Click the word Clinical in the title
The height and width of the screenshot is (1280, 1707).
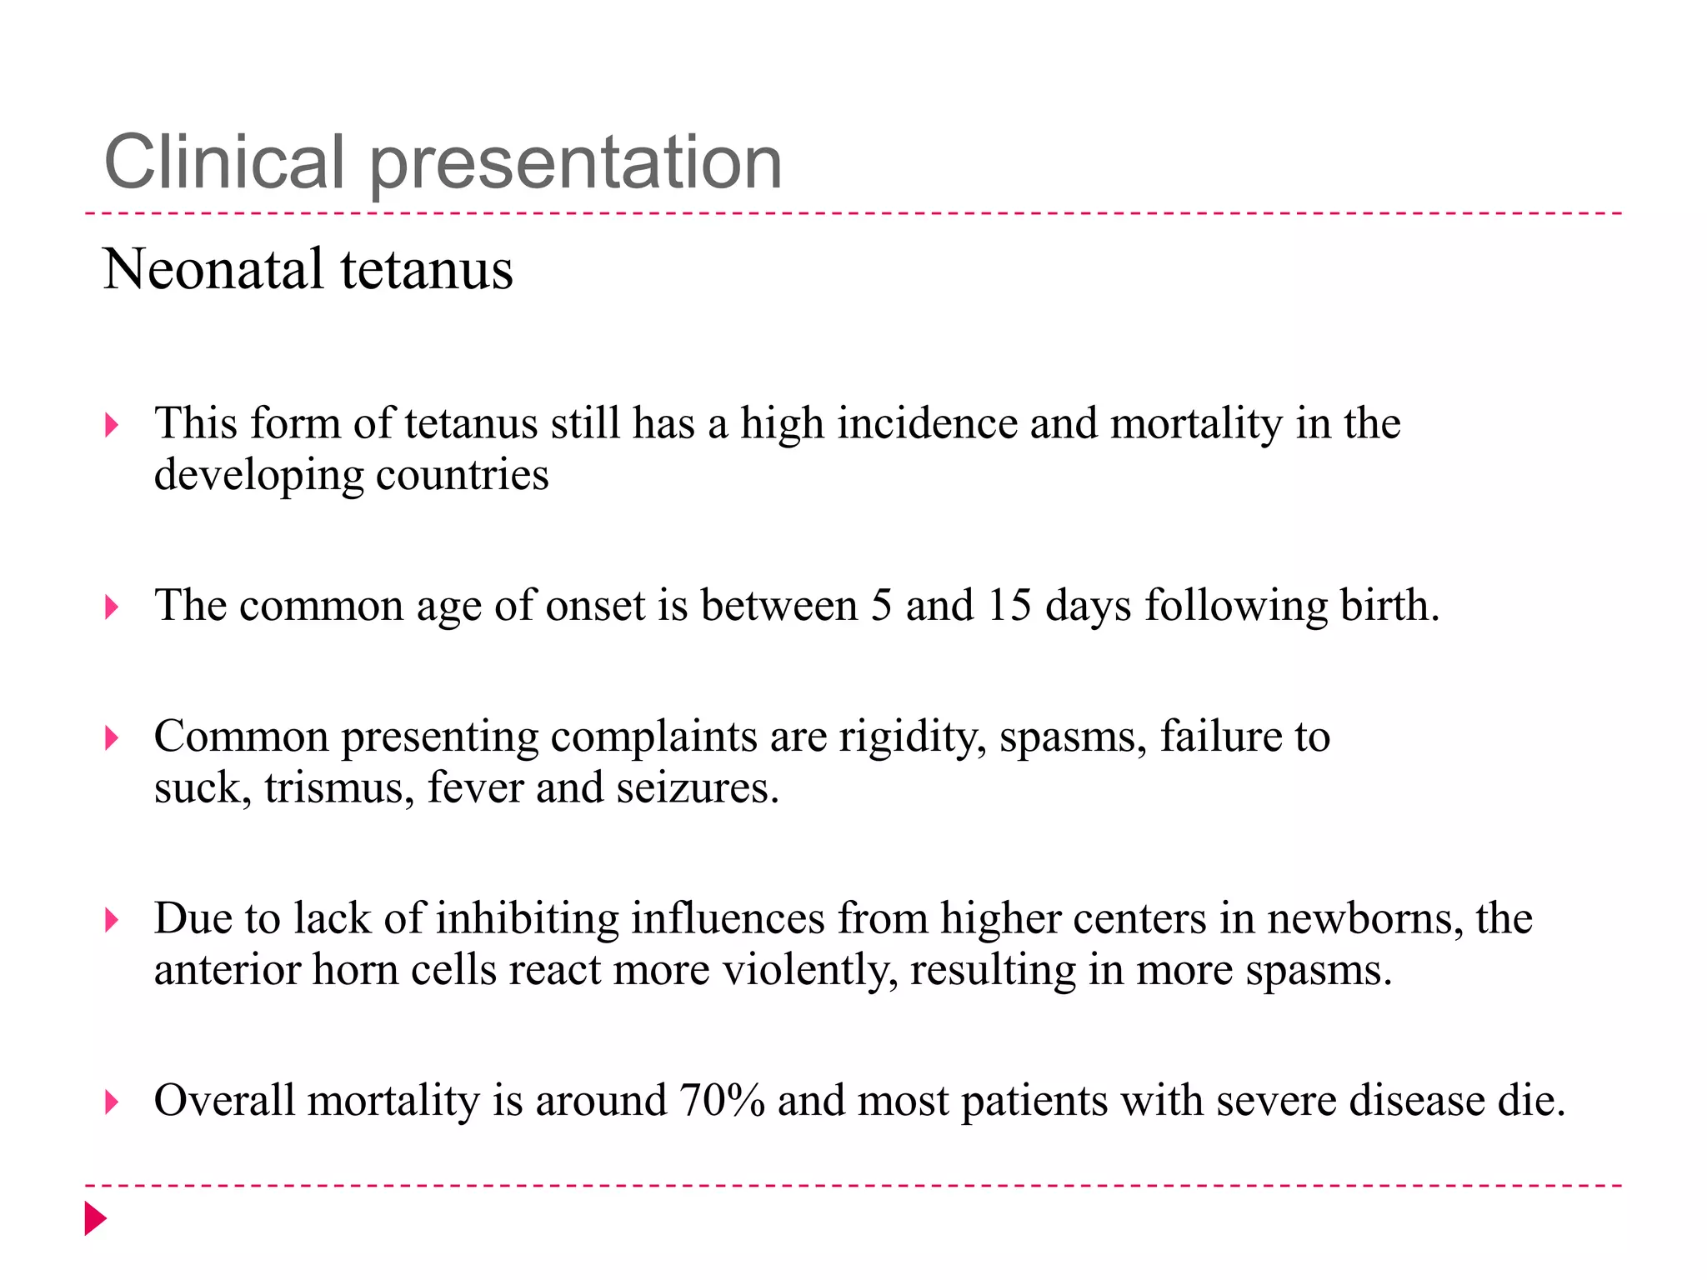tap(223, 162)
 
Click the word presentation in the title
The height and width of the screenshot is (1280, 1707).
tap(575, 164)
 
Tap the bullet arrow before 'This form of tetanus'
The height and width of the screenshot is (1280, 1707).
tap(112, 426)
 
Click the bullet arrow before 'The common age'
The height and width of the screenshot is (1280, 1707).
tap(112, 607)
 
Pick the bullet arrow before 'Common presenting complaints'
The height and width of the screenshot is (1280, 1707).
tap(112, 737)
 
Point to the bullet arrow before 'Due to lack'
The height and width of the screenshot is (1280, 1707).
tap(112, 920)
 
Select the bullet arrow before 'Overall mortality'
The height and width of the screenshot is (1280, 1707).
tap(112, 1102)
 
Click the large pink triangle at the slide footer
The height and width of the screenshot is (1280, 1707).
tap(95, 1218)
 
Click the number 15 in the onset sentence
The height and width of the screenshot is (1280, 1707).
tap(1009, 606)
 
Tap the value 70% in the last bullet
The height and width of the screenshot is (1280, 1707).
tap(722, 1101)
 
